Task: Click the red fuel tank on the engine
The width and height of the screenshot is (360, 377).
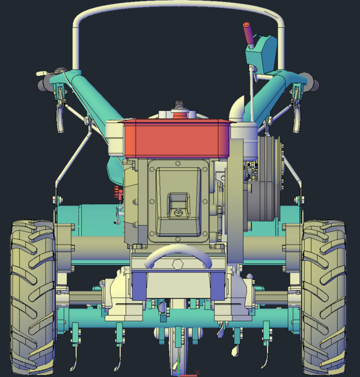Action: pos(177,139)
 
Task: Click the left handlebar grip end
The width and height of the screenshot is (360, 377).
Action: pos(43,86)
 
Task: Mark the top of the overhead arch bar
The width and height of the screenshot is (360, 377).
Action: pos(177,7)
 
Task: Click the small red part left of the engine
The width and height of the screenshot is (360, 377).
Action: pos(117,191)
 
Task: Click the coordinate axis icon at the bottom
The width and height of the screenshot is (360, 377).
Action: pos(180,372)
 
